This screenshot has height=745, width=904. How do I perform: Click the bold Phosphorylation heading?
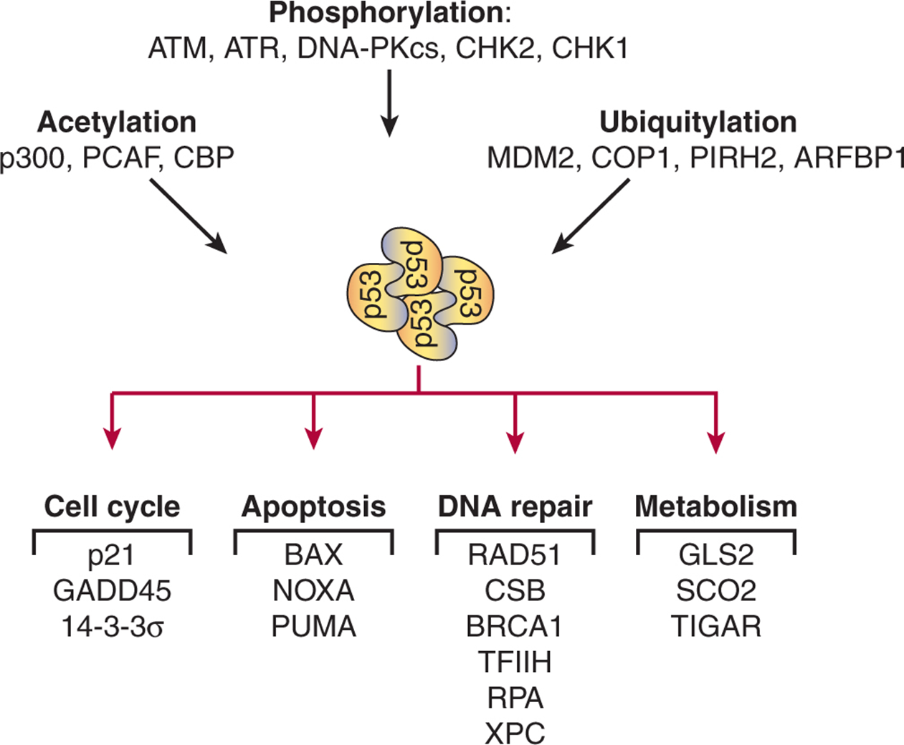click(x=386, y=13)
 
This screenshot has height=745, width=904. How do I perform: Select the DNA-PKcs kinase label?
click(x=368, y=48)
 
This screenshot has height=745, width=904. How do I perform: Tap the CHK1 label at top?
click(x=590, y=48)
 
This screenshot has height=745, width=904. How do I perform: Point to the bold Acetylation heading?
click(x=117, y=122)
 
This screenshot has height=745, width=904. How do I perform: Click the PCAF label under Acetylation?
click(x=123, y=158)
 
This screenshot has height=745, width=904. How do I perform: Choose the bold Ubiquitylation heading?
click(x=698, y=123)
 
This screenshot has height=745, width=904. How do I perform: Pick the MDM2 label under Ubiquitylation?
click(x=534, y=158)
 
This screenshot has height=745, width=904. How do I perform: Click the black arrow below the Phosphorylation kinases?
click(x=389, y=103)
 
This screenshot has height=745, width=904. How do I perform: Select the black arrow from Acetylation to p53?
click(x=189, y=217)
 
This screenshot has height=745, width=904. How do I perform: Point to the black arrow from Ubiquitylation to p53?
click(x=591, y=217)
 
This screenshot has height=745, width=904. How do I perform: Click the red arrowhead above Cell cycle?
click(x=112, y=438)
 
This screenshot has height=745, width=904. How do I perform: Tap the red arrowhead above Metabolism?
click(x=715, y=442)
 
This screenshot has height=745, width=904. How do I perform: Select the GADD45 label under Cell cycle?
click(x=112, y=590)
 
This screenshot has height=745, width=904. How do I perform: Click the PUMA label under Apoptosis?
click(x=313, y=626)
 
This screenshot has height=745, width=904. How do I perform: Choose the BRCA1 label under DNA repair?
click(x=514, y=626)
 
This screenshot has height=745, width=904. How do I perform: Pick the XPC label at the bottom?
click(x=515, y=732)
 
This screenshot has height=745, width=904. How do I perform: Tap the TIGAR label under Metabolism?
click(x=716, y=626)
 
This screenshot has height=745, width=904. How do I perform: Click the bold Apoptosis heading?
click(x=313, y=507)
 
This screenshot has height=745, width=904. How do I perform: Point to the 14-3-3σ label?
click(x=112, y=626)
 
